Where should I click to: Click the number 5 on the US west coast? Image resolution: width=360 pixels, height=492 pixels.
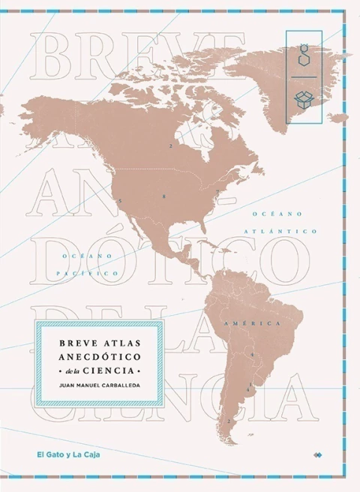[119, 202]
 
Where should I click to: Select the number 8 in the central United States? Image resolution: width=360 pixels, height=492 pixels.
[163, 196]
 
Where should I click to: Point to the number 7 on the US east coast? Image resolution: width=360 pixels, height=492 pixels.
[217, 192]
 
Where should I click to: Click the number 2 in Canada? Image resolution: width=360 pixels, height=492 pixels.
[171, 145]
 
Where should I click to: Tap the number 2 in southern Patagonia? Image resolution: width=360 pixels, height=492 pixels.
[229, 421]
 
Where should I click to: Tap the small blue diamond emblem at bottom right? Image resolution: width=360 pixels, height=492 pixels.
[318, 454]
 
